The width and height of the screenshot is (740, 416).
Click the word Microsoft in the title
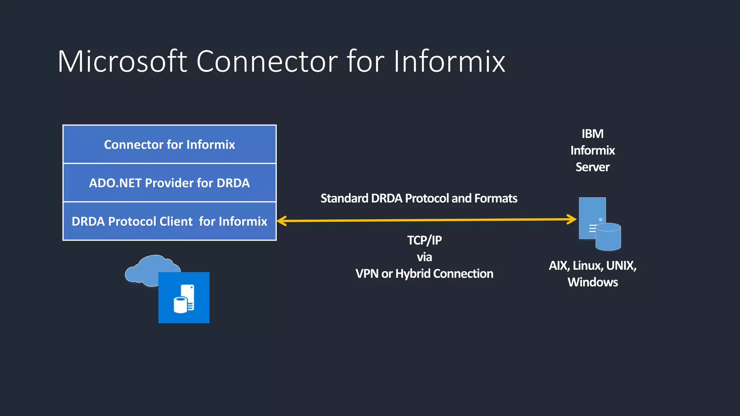(x=122, y=61)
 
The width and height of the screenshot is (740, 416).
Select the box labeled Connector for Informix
(x=169, y=144)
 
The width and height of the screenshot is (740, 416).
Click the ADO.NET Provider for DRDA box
(x=169, y=183)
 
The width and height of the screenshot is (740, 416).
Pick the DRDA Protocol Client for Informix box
(x=169, y=221)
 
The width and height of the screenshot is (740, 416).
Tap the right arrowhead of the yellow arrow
(x=572, y=219)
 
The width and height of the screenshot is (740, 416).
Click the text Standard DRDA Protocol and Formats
(x=419, y=198)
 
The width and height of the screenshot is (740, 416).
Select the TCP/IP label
(x=424, y=240)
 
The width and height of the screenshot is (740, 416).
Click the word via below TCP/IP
(x=424, y=257)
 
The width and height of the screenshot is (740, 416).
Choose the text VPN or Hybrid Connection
(x=424, y=274)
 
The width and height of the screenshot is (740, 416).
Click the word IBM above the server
(x=592, y=134)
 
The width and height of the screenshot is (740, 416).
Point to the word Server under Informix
(x=592, y=167)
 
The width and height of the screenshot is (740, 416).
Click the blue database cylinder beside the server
(x=608, y=238)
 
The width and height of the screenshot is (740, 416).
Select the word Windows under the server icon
(x=593, y=282)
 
